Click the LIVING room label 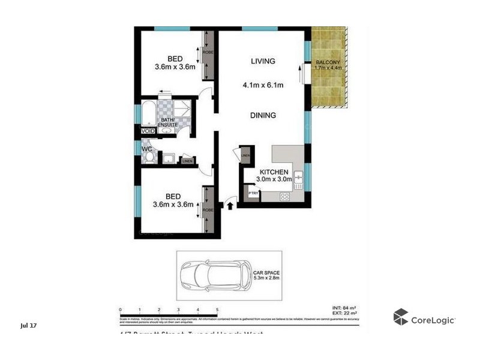click(x=262, y=61)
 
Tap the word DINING click(x=263, y=115)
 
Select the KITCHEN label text click(x=273, y=172)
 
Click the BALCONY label click(x=328, y=62)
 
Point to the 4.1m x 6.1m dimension click(x=263, y=85)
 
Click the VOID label click(x=147, y=131)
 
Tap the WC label click(x=146, y=148)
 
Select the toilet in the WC click(x=149, y=157)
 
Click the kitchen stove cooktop click(x=285, y=196)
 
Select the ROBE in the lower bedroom click(x=208, y=210)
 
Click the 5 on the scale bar click(x=217, y=310)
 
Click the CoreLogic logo click(x=424, y=318)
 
